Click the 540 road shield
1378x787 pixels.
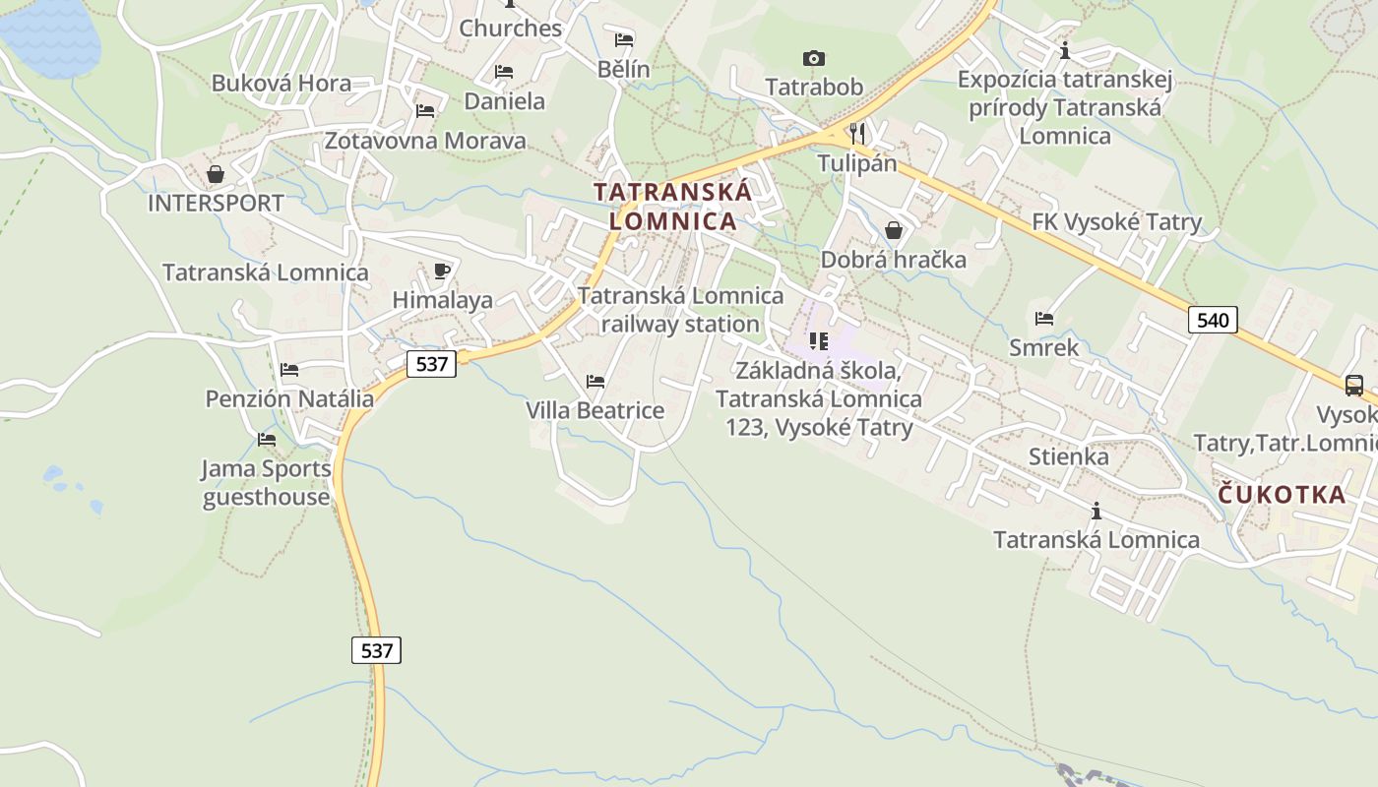(1213, 320)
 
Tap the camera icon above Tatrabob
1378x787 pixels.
(814, 58)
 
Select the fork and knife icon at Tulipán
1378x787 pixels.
(857, 133)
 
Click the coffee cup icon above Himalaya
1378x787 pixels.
(442, 271)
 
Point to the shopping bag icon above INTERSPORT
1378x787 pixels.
(216, 174)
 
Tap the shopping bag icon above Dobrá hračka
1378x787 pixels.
(894, 230)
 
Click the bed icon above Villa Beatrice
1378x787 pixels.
(595, 382)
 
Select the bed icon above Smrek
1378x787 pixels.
(1044, 319)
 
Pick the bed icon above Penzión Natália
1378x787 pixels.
(289, 370)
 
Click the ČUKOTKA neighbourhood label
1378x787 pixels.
(1282, 494)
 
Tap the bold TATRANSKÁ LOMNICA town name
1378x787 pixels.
(673, 207)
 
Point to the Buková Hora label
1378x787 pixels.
(282, 83)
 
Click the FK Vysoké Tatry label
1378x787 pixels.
(1117, 222)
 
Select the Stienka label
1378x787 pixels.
(1068, 456)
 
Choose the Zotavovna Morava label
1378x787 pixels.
(425, 141)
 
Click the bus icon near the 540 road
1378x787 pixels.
(1354, 385)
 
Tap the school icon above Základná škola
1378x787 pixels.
(818, 341)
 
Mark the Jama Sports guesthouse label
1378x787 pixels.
(267, 482)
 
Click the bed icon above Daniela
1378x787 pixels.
(504, 72)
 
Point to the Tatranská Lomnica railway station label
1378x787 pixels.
(681, 309)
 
